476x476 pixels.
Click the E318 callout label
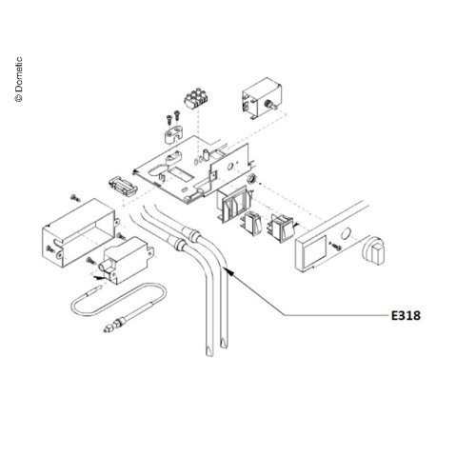click(x=406, y=315)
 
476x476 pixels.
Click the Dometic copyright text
click(x=19, y=79)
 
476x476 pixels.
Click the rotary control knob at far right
click(x=375, y=250)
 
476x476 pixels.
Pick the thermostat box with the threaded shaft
click(x=262, y=98)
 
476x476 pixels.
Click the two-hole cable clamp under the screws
click(x=173, y=135)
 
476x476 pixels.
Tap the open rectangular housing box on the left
click(x=79, y=231)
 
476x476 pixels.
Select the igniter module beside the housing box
click(x=127, y=260)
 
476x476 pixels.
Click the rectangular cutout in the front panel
click(x=314, y=249)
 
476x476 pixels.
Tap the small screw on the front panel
click(x=336, y=246)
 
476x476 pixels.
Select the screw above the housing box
click(x=75, y=197)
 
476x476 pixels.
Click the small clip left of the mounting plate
click(x=123, y=187)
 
